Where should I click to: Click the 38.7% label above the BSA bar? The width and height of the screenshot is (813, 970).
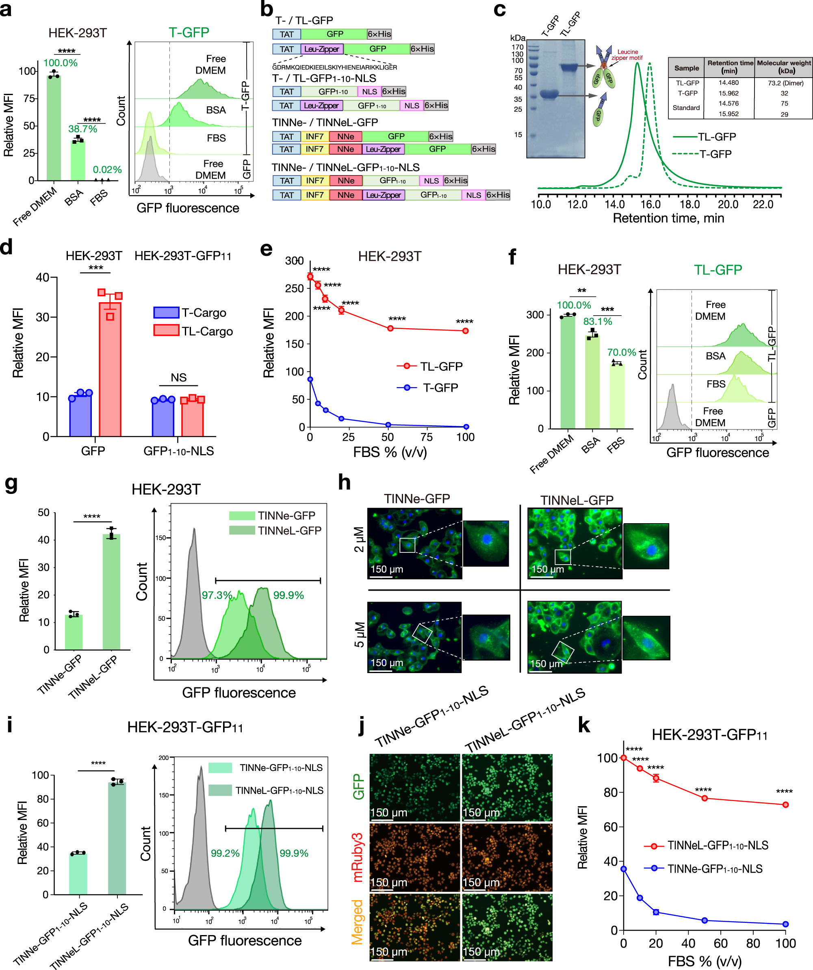pos(83,129)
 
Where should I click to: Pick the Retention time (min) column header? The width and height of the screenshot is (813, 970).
pos(729,67)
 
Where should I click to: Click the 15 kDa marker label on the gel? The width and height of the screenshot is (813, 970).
pos(518,135)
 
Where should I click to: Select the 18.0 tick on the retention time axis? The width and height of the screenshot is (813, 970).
pos(689,204)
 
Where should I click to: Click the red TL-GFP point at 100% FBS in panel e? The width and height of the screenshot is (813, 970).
pos(465,331)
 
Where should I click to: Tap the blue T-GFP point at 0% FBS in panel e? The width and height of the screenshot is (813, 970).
pos(310,379)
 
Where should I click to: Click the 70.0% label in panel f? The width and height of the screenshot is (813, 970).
pos(621,353)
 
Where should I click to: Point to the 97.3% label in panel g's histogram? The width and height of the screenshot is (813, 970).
pos(217,595)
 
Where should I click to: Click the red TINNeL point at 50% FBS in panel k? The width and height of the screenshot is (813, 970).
pos(705,798)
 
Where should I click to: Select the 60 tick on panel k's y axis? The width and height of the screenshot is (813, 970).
pos(611,827)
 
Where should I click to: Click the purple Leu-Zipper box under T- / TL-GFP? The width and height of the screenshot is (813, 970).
pos(322,49)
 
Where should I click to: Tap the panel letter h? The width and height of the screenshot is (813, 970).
pos(344,483)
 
